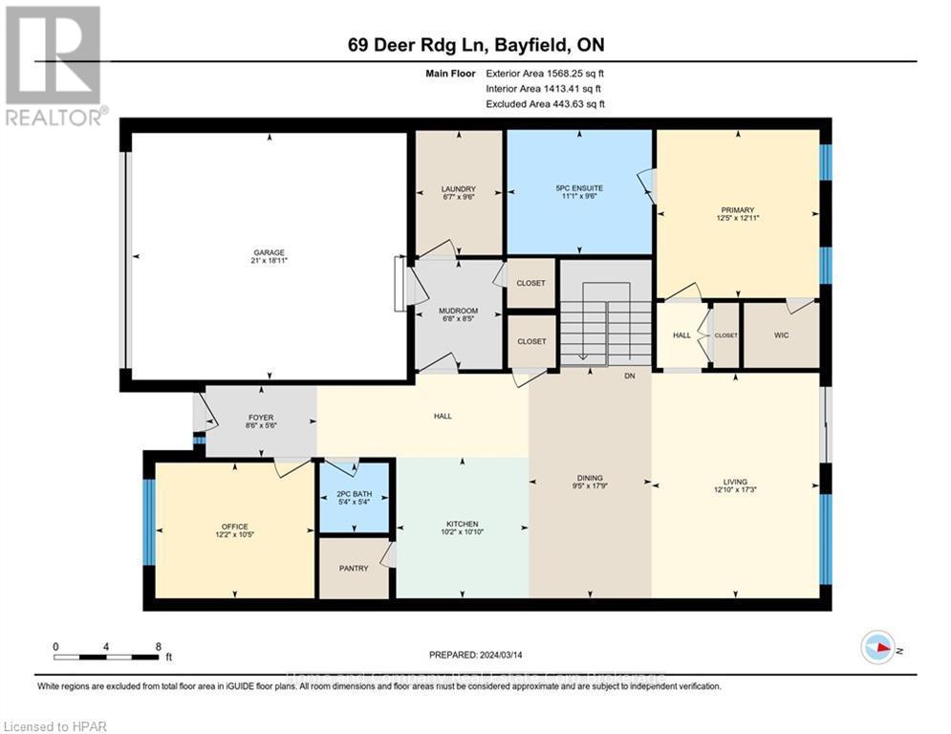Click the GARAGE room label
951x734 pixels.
[269, 253]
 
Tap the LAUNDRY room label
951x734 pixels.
[459, 189]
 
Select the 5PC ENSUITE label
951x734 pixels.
[579, 189]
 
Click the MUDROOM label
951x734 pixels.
[459, 311]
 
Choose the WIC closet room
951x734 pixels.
[782, 336]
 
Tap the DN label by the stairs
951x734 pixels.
[630, 377]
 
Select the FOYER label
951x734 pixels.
[261, 418]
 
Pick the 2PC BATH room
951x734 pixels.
[355, 495]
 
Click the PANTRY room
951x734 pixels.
[354, 568]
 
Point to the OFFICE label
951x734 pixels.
[235, 527]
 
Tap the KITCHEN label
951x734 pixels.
[462, 524]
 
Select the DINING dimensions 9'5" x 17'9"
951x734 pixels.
[590, 487]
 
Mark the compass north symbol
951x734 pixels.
[877, 648]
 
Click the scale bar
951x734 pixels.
[107, 657]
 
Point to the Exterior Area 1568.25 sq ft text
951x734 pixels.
[545, 73]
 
